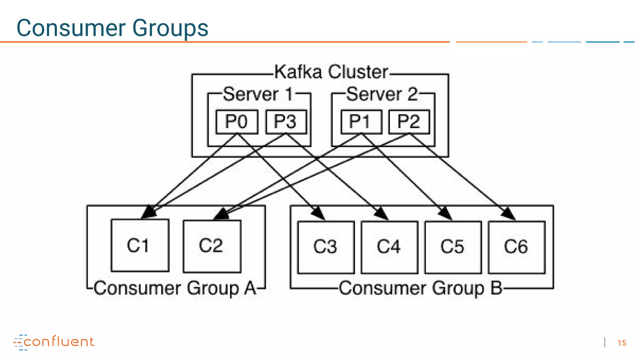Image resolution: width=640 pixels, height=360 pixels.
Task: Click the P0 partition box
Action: tap(237, 122)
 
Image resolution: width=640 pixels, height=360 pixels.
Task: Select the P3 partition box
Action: tap(286, 122)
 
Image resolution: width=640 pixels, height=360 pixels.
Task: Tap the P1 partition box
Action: tap(361, 122)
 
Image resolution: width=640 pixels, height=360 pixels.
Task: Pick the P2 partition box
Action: tap(409, 122)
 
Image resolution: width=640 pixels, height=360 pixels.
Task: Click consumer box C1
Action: tap(140, 245)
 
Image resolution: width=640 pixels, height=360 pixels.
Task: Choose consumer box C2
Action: tap(212, 246)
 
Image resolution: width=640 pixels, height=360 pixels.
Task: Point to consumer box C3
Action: tap(326, 247)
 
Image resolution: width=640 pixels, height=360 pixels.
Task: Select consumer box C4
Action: tap(389, 247)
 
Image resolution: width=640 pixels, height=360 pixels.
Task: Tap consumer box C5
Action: tap(453, 247)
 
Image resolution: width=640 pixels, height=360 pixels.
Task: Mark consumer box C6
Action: tap(517, 247)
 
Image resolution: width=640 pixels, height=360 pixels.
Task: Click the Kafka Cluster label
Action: tap(331, 72)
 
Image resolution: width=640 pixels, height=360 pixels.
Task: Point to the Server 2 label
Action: tap(382, 94)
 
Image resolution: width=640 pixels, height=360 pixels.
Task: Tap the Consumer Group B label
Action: tap(421, 288)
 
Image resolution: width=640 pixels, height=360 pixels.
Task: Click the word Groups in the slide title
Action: tap(170, 28)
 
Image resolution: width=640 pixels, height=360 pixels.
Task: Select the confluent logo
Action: tap(54, 342)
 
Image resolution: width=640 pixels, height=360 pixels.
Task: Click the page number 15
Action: tap(622, 343)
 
